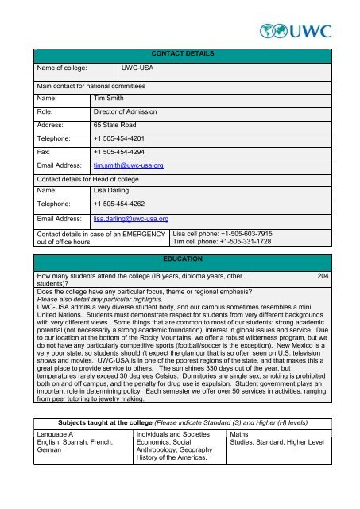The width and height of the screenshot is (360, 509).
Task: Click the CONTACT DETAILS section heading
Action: point(180,53)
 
